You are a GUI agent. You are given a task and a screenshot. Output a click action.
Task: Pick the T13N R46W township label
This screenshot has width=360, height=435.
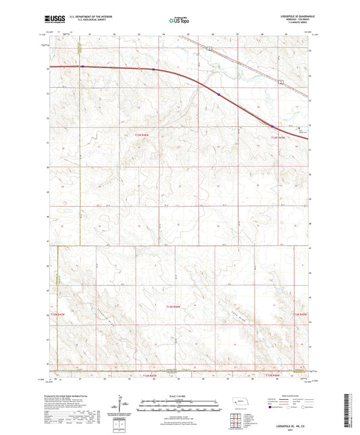point(140,136)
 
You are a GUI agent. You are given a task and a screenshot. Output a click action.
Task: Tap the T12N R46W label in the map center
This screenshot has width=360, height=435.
point(175,307)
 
